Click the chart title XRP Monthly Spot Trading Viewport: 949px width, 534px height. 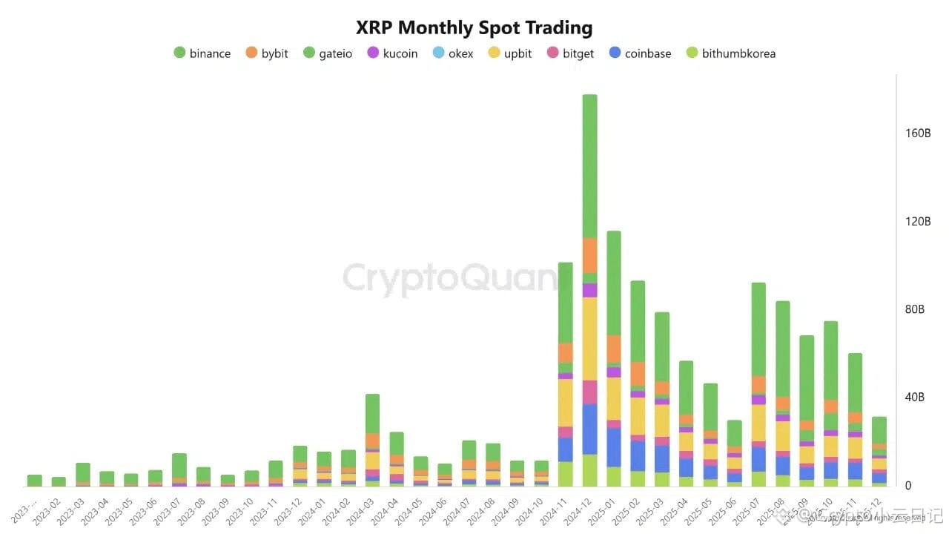[474, 28]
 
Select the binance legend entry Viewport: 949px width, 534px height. [202, 53]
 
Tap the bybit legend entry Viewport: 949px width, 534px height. [266, 53]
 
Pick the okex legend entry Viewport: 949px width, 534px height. [452, 53]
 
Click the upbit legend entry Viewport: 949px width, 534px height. [509, 53]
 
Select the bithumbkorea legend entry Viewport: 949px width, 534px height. [730, 53]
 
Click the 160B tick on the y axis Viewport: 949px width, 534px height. [918, 133]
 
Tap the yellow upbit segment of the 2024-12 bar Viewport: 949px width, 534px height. [589, 338]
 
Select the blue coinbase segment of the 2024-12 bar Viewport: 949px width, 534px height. [589, 429]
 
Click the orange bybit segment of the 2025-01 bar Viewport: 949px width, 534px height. [614, 349]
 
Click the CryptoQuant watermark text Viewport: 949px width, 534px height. [449, 279]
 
